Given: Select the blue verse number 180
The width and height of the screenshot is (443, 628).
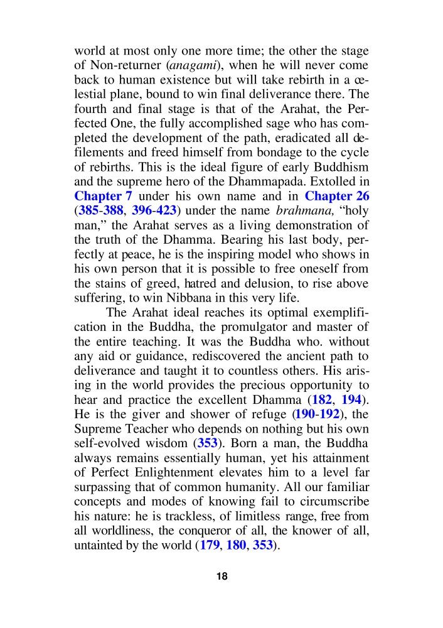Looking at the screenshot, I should click(x=238, y=546).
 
